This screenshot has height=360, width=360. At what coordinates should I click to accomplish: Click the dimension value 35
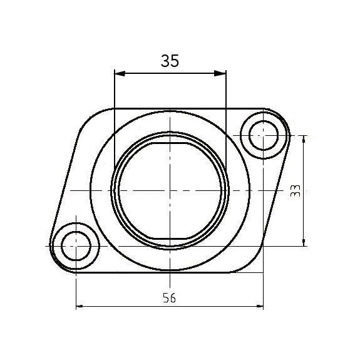[170, 61]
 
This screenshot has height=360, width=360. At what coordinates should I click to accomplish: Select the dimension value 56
[169, 297]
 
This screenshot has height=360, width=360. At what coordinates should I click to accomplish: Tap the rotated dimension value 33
[296, 191]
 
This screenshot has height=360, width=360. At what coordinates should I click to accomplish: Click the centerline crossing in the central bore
[170, 190]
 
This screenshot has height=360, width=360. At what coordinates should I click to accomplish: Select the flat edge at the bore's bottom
[170, 237]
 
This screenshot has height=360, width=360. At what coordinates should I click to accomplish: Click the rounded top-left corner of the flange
[88, 119]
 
